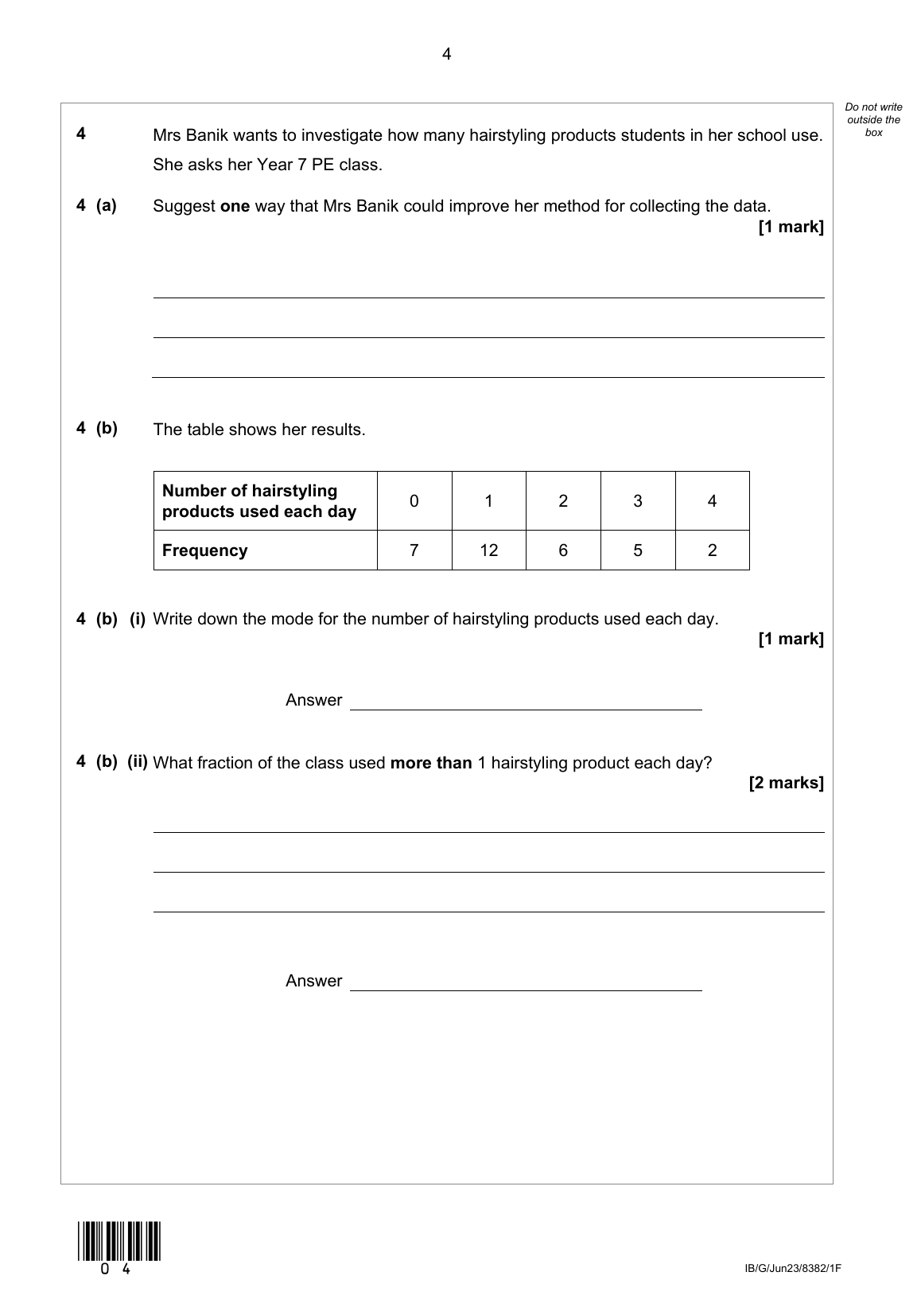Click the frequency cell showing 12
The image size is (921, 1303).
(x=488, y=550)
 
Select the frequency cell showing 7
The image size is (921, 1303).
(x=414, y=550)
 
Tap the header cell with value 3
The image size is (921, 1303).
(x=637, y=501)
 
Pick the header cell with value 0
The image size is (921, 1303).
(x=414, y=501)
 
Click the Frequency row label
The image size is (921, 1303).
(x=204, y=550)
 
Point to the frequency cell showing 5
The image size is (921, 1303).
(x=637, y=550)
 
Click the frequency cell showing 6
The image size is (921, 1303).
(x=563, y=550)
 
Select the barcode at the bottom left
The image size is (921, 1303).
(x=119, y=1241)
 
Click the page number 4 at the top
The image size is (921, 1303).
(x=446, y=54)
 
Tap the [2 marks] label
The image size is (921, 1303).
(x=786, y=783)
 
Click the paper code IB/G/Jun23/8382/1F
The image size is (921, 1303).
(x=792, y=1269)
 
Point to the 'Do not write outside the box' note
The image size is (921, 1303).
(x=873, y=119)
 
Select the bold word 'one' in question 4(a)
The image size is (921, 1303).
(x=235, y=207)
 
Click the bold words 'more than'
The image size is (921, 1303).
(x=431, y=763)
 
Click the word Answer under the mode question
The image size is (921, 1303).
(x=313, y=700)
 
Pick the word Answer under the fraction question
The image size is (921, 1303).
(x=313, y=981)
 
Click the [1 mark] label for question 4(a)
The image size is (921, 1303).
(x=791, y=228)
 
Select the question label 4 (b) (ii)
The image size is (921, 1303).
(x=111, y=762)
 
